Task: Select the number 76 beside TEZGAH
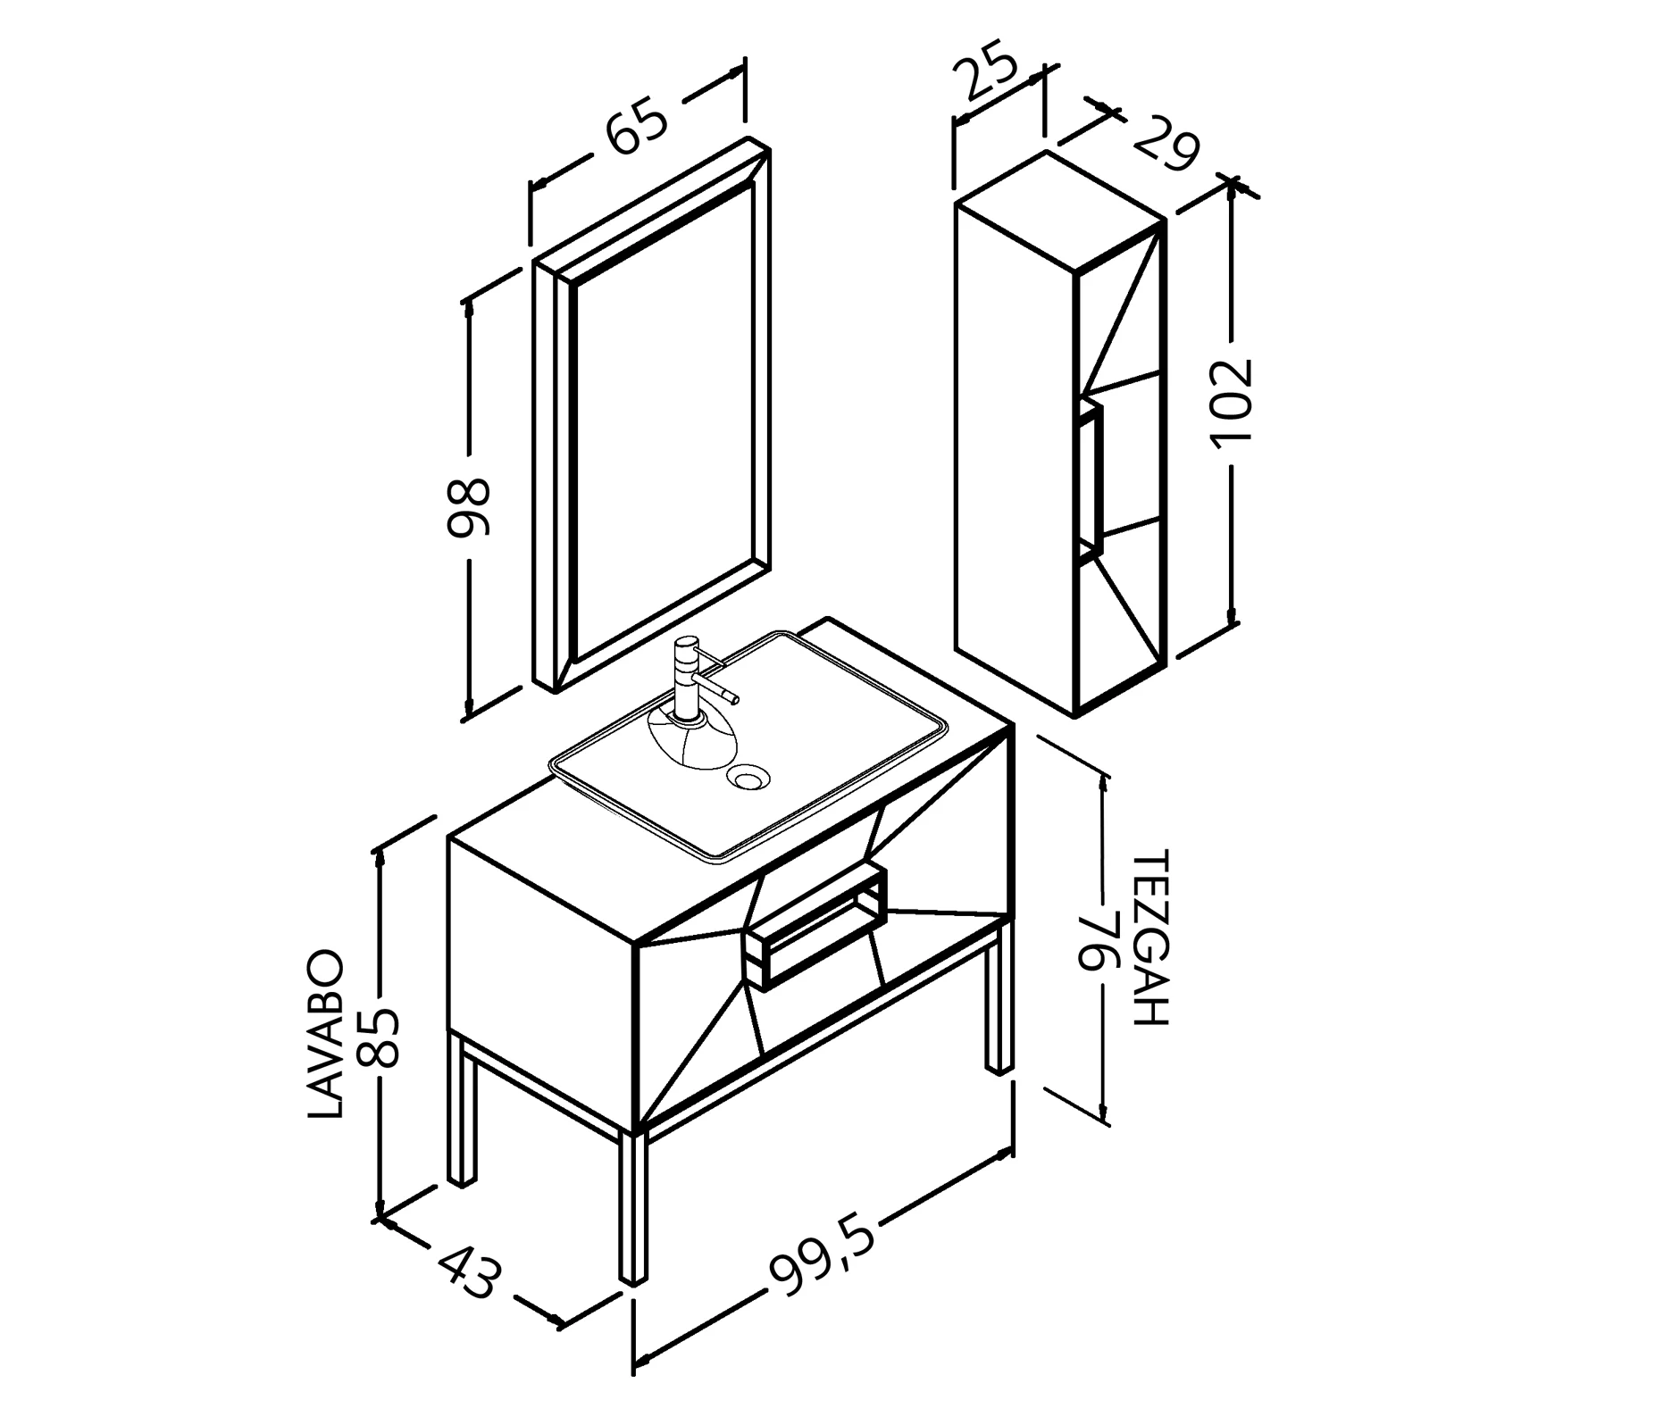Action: pos(1098,941)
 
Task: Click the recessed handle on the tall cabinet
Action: pos(1091,480)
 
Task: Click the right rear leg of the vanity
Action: pos(999,995)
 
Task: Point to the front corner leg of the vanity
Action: pos(633,1209)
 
